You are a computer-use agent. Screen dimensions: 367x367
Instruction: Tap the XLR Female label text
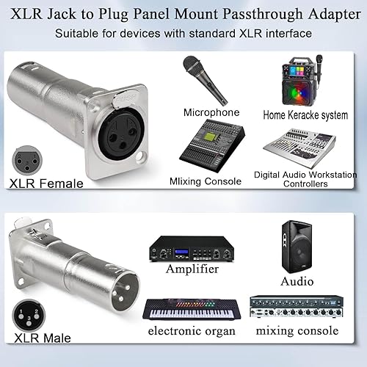coord(46,183)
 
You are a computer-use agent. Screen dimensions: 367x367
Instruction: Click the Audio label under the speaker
coord(297,281)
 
